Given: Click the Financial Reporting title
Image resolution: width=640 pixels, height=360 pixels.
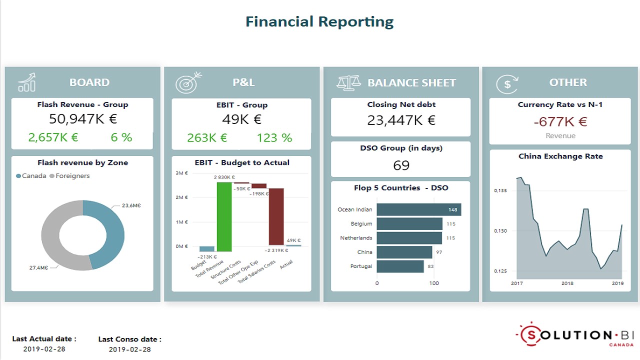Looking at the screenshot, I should (x=319, y=21).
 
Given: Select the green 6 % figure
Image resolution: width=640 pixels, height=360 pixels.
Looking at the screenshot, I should (x=121, y=137).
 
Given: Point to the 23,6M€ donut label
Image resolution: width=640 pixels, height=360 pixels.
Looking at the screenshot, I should (x=131, y=205).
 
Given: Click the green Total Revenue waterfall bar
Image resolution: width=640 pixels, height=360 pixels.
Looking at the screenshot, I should (x=224, y=216).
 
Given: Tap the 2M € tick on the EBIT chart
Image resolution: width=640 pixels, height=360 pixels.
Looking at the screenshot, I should (x=181, y=197).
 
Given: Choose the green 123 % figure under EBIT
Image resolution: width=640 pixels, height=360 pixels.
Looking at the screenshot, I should (x=274, y=138).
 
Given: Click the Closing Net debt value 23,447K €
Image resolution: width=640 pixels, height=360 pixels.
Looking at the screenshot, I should (x=401, y=120).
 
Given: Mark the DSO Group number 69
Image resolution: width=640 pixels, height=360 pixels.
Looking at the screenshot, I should (x=401, y=165).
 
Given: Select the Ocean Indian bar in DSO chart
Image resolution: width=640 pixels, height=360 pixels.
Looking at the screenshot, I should (x=418, y=209).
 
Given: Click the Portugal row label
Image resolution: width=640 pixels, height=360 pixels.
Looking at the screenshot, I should (x=361, y=266).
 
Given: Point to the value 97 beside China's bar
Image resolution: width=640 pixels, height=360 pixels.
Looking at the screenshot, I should (x=438, y=252).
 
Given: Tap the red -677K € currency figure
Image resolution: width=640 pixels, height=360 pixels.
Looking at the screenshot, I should (x=560, y=121).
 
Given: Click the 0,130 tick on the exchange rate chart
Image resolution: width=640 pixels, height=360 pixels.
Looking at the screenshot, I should (x=500, y=231).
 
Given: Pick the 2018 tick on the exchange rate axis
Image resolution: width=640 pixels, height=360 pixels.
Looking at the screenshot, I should (x=567, y=283).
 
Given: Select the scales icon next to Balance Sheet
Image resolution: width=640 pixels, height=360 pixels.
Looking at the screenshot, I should (x=348, y=82).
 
